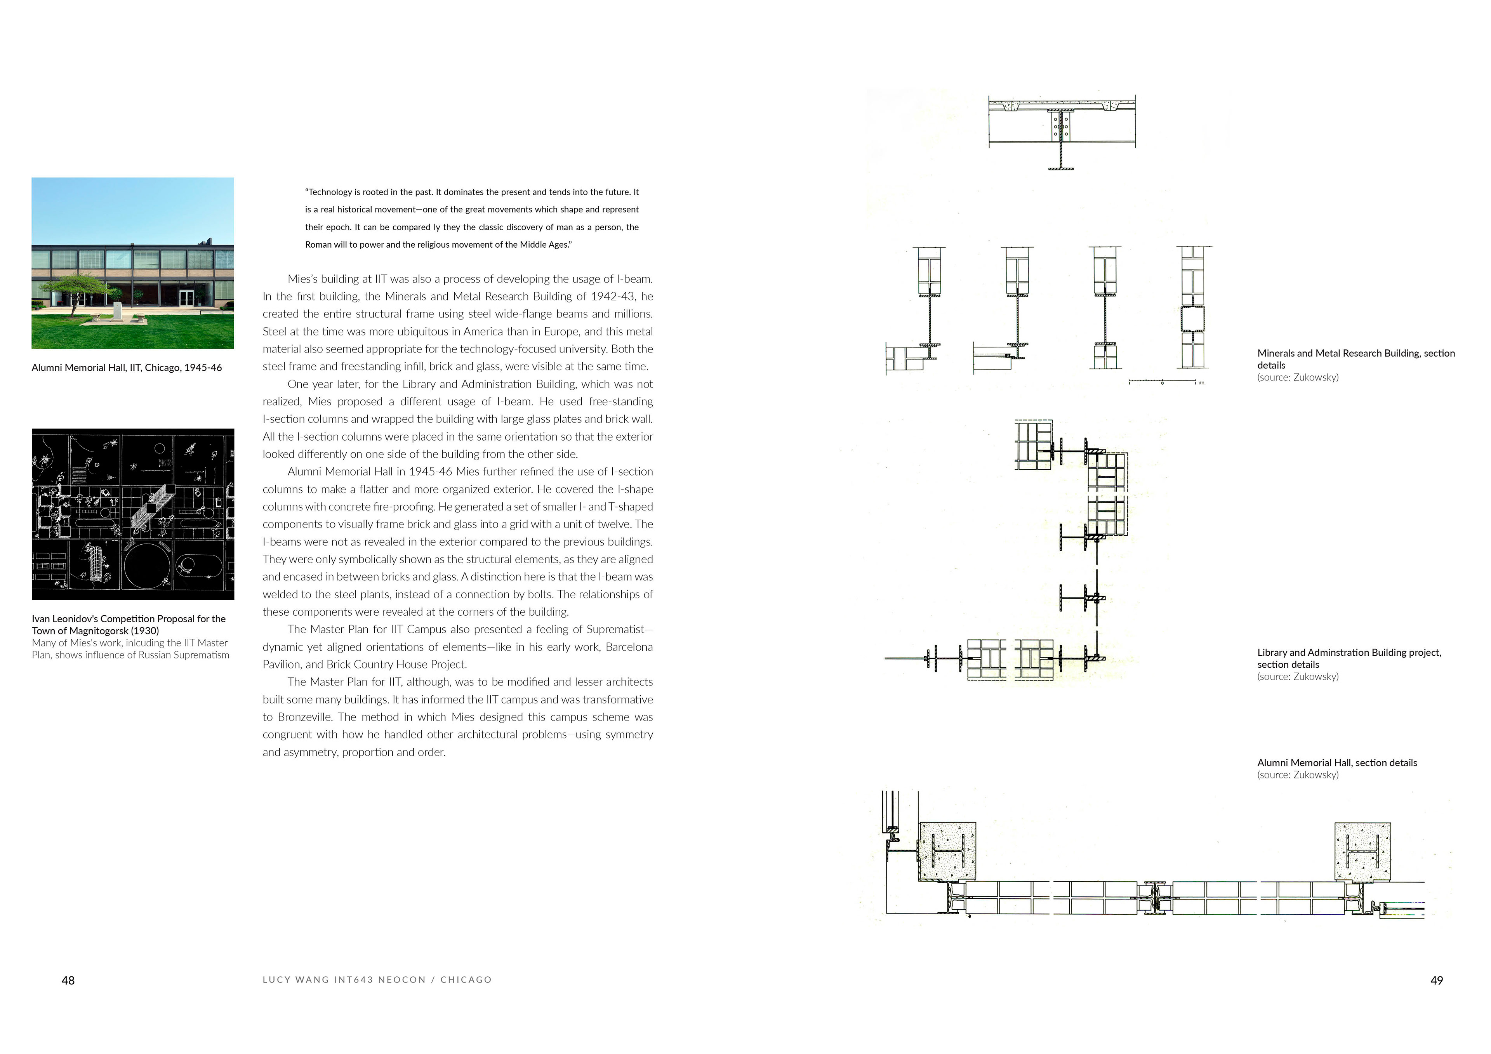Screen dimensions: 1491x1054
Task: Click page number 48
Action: pos(68,981)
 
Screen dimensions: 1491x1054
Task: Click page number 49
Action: pos(1437,981)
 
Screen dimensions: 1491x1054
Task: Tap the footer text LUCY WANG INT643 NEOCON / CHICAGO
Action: pos(377,980)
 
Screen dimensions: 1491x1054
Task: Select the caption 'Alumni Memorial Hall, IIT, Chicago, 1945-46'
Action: pos(127,368)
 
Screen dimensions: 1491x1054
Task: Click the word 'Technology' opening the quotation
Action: pos(330,192)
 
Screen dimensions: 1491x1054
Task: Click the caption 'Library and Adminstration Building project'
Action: pos(1349,653)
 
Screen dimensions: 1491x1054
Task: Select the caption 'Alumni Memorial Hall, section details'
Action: pos(1336,763)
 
